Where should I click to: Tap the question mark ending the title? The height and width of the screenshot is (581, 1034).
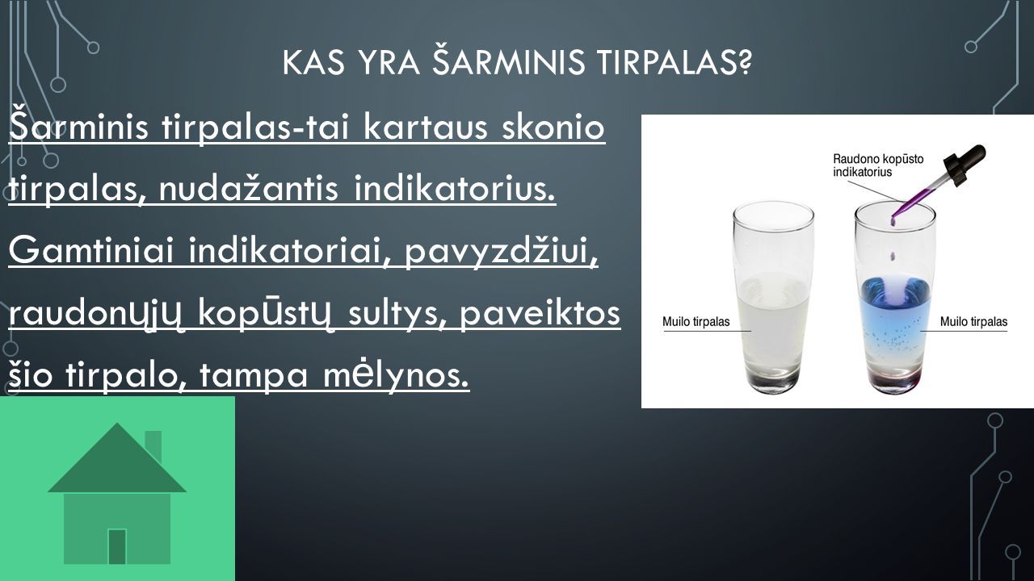click(x=743, y=62)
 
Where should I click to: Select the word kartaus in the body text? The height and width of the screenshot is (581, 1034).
click(x=425, y=127)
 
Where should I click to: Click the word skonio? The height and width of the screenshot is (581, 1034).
click(x=553, y=127)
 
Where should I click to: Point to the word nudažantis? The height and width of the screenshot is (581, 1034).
click(x=248, y=189)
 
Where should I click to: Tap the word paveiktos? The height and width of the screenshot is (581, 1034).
click(x=540, y=314)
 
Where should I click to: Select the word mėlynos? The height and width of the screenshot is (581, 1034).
click(x=396, y=376)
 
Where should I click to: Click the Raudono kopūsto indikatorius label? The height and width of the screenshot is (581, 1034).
click(x=878, y=165)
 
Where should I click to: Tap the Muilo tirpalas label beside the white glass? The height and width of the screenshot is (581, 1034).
click(x=696, y=321)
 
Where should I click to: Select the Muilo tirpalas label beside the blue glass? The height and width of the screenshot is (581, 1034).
click(x=974, y=321)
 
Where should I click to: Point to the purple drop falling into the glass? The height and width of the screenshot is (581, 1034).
click(x=893, y=256)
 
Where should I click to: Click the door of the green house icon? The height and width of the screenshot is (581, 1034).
click(x=117, y=546)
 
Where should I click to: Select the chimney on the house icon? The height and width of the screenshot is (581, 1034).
click(x=153, y=445)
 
